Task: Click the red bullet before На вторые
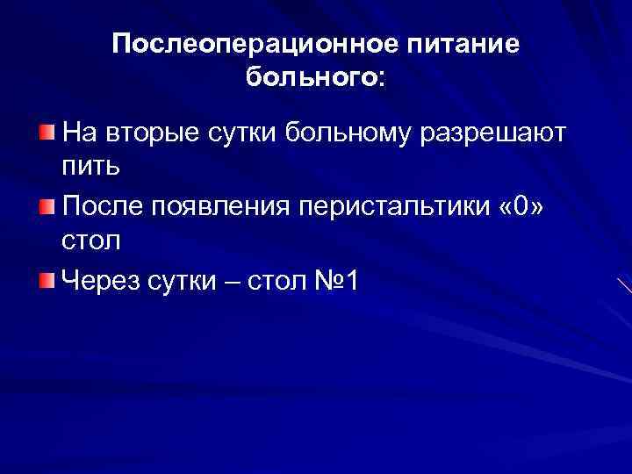(x=46, y=133)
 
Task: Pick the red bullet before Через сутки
(x=46, y=280)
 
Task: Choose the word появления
(x=221, y=207)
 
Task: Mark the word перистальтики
(x=394, y=207)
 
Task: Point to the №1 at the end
(x=340, y=281)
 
